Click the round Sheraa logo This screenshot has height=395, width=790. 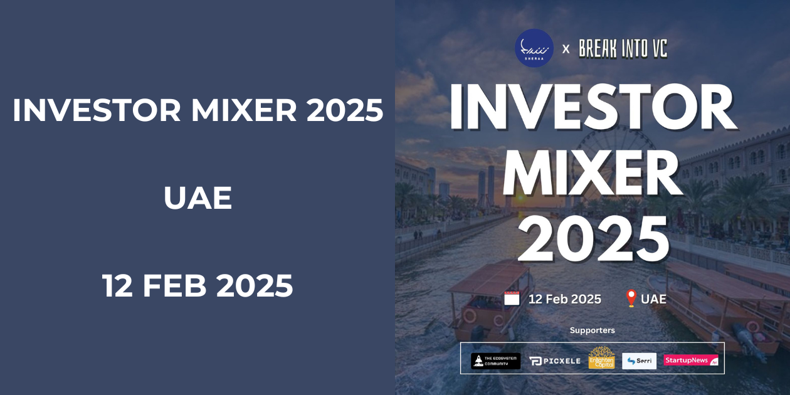point(534,48)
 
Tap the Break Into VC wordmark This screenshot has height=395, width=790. point(623,48)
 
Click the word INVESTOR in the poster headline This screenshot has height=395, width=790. point(592,107)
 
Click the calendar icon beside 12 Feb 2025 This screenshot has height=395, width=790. point(512,298)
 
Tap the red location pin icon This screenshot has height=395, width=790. point(631,298)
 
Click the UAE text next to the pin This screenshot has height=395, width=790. point(653,299)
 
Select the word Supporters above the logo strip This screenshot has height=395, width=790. point(592,330)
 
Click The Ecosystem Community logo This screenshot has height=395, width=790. point(495,361)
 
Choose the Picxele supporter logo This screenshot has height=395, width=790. point(554,361)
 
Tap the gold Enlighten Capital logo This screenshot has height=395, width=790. point(601,358)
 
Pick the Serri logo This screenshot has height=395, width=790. point(639,361)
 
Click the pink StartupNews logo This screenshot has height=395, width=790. point(691,361)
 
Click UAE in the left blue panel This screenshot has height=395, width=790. point(197,198)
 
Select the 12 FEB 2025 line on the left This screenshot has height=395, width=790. point(197,286)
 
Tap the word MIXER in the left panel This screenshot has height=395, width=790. point(243,110)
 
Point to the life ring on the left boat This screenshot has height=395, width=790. point(469,315)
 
